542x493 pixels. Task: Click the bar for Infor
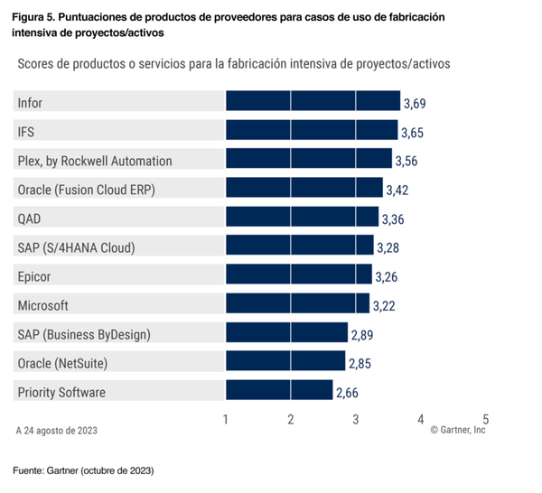tap(312, 103)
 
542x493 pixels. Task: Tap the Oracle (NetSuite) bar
tap(285, 363)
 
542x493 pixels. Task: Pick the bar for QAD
tap(301, 219)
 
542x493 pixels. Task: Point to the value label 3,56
tap(406, 162)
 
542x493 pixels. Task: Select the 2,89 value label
tap(361, 335)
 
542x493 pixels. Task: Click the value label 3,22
tap(384, 306)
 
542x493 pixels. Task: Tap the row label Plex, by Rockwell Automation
tap(95, 161)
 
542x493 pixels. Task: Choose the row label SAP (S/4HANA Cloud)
tap(82, 247)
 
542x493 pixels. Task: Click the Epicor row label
tap(35, 276)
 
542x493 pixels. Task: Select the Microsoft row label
tap(42, 305)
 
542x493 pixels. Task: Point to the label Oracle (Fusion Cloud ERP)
tap(86, 190)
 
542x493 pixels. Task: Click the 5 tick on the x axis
tap(486, 420)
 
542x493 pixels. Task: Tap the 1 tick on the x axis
tap(225, 420)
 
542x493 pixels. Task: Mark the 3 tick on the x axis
tap(356, 420)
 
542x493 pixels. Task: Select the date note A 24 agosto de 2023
tap(57, 431)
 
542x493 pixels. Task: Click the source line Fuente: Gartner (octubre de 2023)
tap(83, 471)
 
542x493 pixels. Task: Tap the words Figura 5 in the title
tap(35, 17)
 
